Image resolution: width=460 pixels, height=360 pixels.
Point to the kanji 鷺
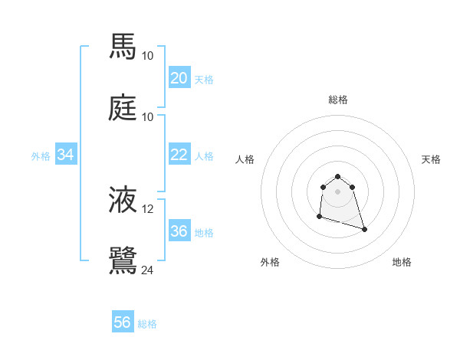(123, 260)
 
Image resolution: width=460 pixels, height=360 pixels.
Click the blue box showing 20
(179, 78)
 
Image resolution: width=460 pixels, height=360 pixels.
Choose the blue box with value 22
(179, 155)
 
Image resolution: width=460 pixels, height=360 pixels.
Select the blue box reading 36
(179, 231)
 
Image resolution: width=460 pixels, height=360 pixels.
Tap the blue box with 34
(66, 155)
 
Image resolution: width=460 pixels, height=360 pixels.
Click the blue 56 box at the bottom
(123, 322)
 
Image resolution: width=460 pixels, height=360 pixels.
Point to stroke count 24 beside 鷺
(148, 270)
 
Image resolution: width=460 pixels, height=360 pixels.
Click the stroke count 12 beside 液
(148, 209)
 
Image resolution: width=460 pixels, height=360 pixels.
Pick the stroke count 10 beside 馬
(148, 55)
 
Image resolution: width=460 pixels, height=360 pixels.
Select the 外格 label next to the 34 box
(41, 156)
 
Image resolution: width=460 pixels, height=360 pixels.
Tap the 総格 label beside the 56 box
(147, 324)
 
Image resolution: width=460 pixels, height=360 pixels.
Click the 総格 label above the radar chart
(338, 100)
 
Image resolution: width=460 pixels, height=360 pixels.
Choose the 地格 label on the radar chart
(402, 262)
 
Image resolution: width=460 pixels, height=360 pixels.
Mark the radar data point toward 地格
(364, 229)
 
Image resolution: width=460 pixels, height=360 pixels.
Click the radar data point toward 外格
(319, 217)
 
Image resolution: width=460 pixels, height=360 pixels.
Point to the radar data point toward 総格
(337, 176)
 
